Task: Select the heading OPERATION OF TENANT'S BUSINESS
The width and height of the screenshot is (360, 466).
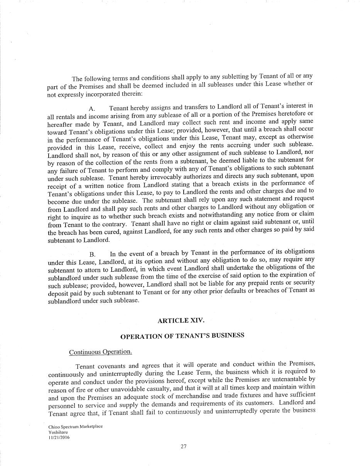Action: point(182,336)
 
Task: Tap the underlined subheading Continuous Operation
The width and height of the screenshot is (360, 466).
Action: point(100,352)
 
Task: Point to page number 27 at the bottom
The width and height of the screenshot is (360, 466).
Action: point(183,447)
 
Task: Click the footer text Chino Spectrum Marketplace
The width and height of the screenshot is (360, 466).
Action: point(76,427)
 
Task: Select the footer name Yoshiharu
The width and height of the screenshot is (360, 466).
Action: point(58,432)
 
